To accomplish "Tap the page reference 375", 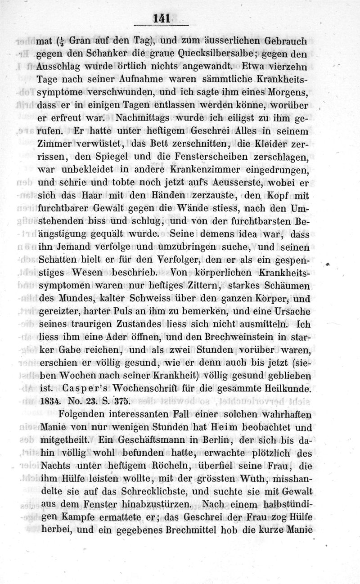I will pyautogui.click(x=120, y=400).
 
